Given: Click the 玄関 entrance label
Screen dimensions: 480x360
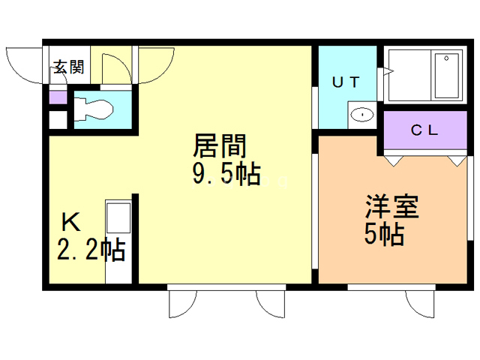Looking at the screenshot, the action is tap(69, 67).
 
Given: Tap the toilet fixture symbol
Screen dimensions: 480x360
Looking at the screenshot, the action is tap(93, 109).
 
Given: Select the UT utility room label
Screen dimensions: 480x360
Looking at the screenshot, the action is tap(346, 82).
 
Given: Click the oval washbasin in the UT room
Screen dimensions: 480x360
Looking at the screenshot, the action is tap(362, 115).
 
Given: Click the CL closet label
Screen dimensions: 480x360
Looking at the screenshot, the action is tap(424, 130).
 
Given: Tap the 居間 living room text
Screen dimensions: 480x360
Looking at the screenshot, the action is tap(220, 145).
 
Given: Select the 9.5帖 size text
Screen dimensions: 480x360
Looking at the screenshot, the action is tap(226, 173).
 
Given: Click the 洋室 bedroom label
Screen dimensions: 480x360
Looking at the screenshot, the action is tap(392, 206).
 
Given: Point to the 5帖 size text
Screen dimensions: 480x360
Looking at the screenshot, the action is tap(384, 234).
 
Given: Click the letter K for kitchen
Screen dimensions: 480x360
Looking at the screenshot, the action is tap(71, 223).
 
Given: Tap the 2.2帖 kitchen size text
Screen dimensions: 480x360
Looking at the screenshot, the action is tap(91, 249).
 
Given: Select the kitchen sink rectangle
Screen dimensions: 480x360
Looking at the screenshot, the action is tap(118, 217).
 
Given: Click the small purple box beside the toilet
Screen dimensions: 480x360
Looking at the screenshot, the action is tap(58, 97).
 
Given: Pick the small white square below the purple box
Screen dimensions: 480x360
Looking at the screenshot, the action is tap(58, 120).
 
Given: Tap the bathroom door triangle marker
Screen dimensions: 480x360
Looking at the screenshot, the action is tap(388, 72).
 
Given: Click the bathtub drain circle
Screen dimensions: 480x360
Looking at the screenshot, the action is tap(446, 58).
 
